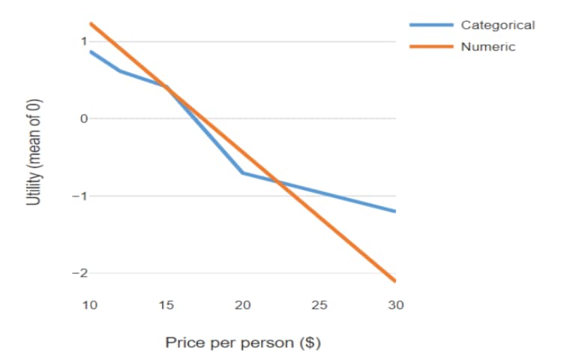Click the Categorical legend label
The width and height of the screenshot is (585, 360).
coord(497,25)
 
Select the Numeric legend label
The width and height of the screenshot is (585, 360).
coord(487,46)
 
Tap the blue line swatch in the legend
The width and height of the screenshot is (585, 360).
coord(430,25)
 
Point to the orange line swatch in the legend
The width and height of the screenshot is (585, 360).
coord(430,46)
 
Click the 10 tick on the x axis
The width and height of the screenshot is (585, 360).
coord(89,305)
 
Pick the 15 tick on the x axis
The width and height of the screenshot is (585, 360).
coord(166,305)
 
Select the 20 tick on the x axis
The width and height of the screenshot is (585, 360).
coord(243,305)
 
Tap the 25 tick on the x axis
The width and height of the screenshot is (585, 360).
coord(319,305)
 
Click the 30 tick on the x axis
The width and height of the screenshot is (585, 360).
coord(396,305)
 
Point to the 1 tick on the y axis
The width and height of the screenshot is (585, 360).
coord(84,41)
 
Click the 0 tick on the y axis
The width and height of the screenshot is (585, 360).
coord(84,118)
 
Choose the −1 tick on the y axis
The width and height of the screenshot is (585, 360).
coord(79,196)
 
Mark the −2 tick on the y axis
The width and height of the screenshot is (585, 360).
coord(79,274)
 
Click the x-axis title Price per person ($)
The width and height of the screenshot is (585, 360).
coord(243,343)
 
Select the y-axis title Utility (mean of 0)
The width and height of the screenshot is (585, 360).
coord(33,153)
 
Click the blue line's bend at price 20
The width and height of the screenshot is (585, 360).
coord(243,173)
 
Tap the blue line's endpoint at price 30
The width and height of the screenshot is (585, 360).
coord(395,211)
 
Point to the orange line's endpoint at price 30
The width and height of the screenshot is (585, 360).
coord(395,281)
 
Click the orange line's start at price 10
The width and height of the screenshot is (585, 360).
coord(90,23)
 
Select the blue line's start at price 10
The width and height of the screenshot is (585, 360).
coord(90,51)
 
